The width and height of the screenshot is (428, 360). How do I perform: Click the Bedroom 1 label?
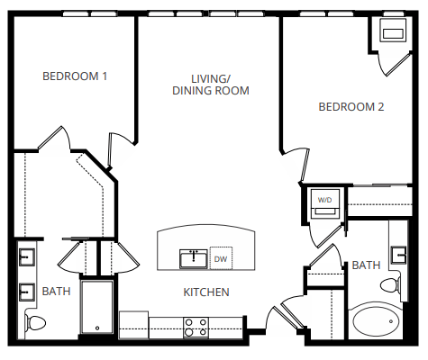tap(75, 76)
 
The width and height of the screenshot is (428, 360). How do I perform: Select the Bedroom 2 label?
tap(351, 106)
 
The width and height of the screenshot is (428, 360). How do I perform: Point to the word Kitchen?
tap(206, 292)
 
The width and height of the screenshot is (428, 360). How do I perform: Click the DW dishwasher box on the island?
tap(221, 258)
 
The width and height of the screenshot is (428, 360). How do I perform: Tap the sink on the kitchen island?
tap(193, 258)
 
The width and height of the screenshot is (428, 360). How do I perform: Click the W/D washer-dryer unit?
tap(323, 204)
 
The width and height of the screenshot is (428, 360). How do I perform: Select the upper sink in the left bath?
tap(25, 258)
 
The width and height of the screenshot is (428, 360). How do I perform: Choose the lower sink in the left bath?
tap(25, 292)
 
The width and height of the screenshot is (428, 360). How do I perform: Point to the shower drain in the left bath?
tap(96, 329)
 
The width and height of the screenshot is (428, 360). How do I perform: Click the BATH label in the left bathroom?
tap(56, 292)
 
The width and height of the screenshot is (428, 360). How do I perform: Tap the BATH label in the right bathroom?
tap(365, 265)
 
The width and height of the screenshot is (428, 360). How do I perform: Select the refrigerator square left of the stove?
tap(133, 324)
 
